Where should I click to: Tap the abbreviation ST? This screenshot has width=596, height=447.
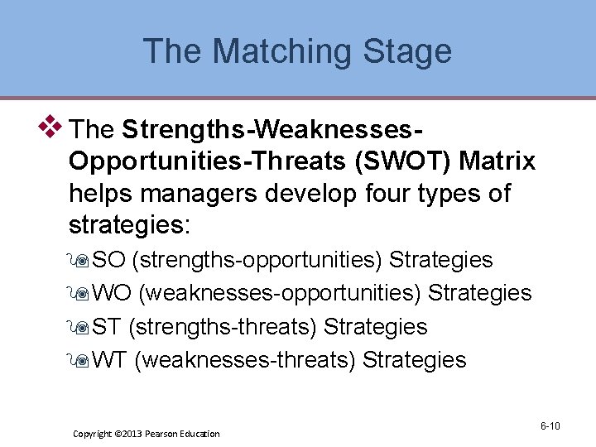[x=107, y=327]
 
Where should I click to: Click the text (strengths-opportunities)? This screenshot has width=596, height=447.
[x=257, y=260]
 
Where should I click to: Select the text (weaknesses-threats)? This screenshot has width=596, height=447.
[x=244, y=360]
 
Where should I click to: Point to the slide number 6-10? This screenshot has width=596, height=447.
[x=550, y=426]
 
